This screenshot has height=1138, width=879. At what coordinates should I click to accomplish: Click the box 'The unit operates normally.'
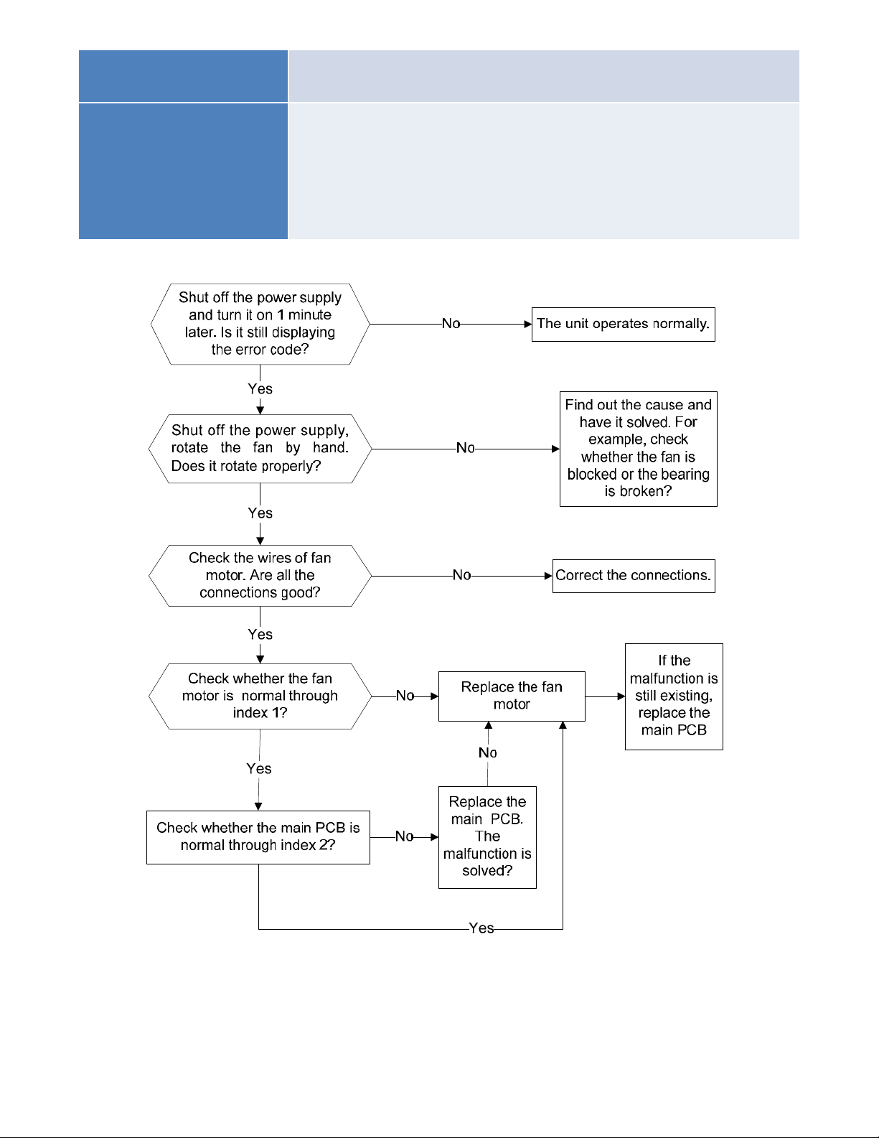click(x=623, y=325)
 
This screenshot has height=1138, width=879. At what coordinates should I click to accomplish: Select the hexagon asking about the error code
click(x=260, y=325)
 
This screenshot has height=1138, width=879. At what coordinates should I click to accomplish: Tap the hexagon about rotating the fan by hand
click(x=260, y=448)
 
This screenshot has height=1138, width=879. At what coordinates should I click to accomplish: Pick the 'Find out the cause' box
click(x=639, y=449)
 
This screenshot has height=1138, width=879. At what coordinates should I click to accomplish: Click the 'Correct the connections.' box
click(x=634, y=576)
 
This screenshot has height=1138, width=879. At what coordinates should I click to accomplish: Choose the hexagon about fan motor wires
click(x=260, y=576)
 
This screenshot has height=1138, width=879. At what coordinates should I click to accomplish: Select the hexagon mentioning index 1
click(x=260, y=696)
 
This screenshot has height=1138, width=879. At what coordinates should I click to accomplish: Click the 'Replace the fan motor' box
click(x=512, y=696)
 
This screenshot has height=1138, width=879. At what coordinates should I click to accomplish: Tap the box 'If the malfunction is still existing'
click(x=674, y=696)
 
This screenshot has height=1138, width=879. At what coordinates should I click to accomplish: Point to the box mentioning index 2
click(x=258, y=837)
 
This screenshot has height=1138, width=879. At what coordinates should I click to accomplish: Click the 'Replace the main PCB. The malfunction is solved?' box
click(x=487, y=837)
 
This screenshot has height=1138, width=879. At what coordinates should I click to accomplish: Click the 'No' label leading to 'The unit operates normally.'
click(x=451, y=324)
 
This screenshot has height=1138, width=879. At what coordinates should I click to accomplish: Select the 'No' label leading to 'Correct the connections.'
click(x=462, y=575)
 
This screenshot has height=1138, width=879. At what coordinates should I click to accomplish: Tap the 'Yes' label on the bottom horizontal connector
click(x=481, y=928)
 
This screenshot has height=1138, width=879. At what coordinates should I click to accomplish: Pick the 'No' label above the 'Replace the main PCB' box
click(x=488, y=752)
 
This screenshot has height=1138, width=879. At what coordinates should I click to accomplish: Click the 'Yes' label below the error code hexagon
click(x=260, y=388)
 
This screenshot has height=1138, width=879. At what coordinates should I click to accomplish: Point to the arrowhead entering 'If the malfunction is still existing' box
click(x=621, y=696)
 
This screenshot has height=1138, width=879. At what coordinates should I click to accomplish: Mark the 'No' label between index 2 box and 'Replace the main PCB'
click(x=405, y=836)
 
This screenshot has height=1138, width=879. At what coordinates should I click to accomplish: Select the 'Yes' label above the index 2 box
click(x=259, y=768)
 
